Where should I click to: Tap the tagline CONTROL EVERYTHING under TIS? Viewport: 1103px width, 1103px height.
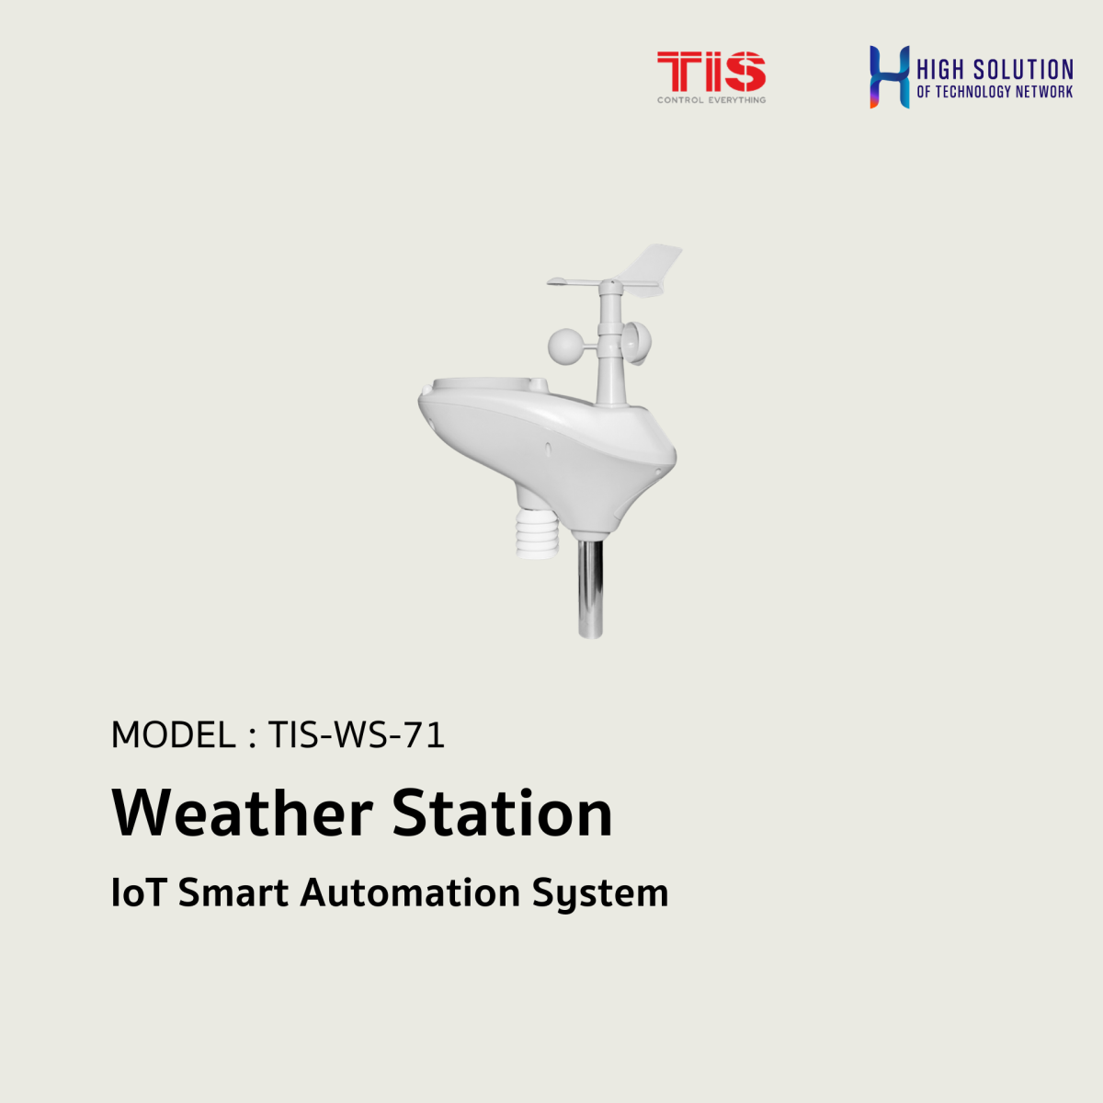click(711, 99)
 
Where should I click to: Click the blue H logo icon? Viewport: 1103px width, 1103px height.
click(889, 76)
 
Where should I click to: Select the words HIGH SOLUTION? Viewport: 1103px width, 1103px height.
click(995, 70)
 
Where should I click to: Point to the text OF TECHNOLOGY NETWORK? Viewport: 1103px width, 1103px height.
click(995, 92)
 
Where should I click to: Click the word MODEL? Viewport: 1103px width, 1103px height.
click(172, 735)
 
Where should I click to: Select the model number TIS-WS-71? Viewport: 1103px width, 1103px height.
click(357, 735)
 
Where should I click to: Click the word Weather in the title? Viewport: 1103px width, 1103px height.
click(242, 813)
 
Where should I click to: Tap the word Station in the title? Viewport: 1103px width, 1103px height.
click(502, 813)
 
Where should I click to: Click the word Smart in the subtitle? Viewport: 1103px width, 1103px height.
click(233, 893)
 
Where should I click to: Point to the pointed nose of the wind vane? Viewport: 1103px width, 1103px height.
click(553, 281)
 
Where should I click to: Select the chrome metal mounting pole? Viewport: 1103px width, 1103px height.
click(590, 588)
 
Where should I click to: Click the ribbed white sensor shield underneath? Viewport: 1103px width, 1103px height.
click(536, 534)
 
